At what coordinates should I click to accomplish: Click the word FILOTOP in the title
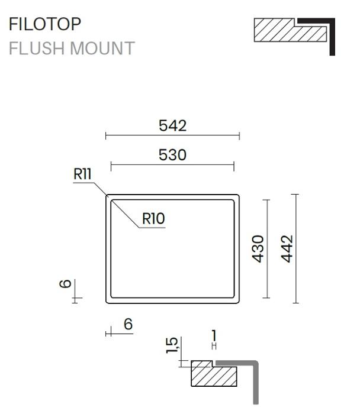[x=45, y=24]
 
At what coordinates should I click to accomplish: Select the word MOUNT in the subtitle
[x=102, y=48]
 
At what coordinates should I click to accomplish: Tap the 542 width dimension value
[x=173, y=125]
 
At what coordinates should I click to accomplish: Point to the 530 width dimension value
[x=173, y=155]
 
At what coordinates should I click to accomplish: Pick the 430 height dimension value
[x=258, y=249]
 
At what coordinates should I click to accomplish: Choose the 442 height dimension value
[x=287, y=249]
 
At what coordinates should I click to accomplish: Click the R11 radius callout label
[x=82, y=174]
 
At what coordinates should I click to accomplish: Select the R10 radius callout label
[x=153, y=219]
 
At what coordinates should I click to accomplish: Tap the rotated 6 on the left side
[x=65, y=283]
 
